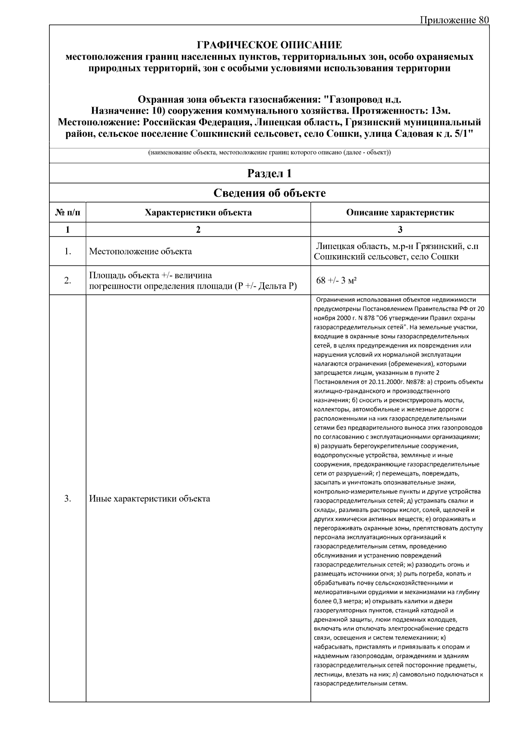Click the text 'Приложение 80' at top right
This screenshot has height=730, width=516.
[454, 20]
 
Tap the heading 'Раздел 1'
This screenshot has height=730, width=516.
[269, 173]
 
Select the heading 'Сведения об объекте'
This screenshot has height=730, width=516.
[269, 193]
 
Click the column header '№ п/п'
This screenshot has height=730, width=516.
[68, 213]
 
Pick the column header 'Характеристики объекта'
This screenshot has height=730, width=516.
[198, 213]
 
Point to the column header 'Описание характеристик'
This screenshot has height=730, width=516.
[399, 213]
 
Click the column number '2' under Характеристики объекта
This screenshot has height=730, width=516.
[198, 230]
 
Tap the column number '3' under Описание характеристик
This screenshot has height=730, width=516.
[400, 230]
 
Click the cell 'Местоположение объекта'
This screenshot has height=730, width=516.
[140, 252]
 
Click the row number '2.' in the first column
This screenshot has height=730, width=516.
[68, 281]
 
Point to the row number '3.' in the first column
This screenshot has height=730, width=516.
[68, 499]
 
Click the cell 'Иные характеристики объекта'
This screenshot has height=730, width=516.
[150, 499]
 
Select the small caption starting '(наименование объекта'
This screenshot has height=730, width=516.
[269, 153]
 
